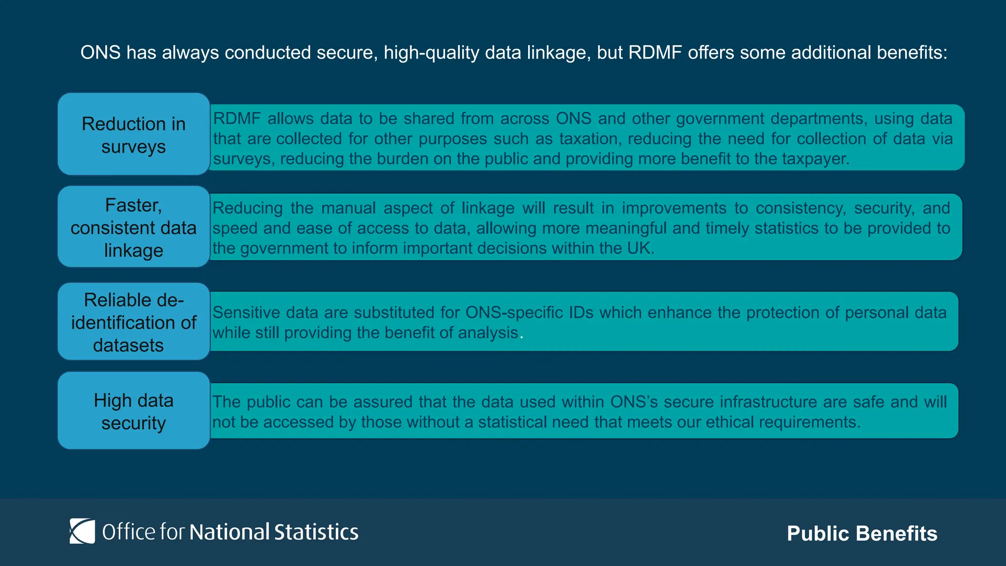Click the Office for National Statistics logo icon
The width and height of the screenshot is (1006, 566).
tap(82, 531)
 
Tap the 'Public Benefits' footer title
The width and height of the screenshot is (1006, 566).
tap(862, 534)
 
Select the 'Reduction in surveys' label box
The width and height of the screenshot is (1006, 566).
tap(134, 135)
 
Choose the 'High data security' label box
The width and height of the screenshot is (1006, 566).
tap(134, 411)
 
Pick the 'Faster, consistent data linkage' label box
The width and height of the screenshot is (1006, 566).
tap(134, 227)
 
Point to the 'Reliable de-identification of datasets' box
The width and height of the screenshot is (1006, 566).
tap(134, 322)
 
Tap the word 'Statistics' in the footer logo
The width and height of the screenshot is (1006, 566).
tap(316, 532)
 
